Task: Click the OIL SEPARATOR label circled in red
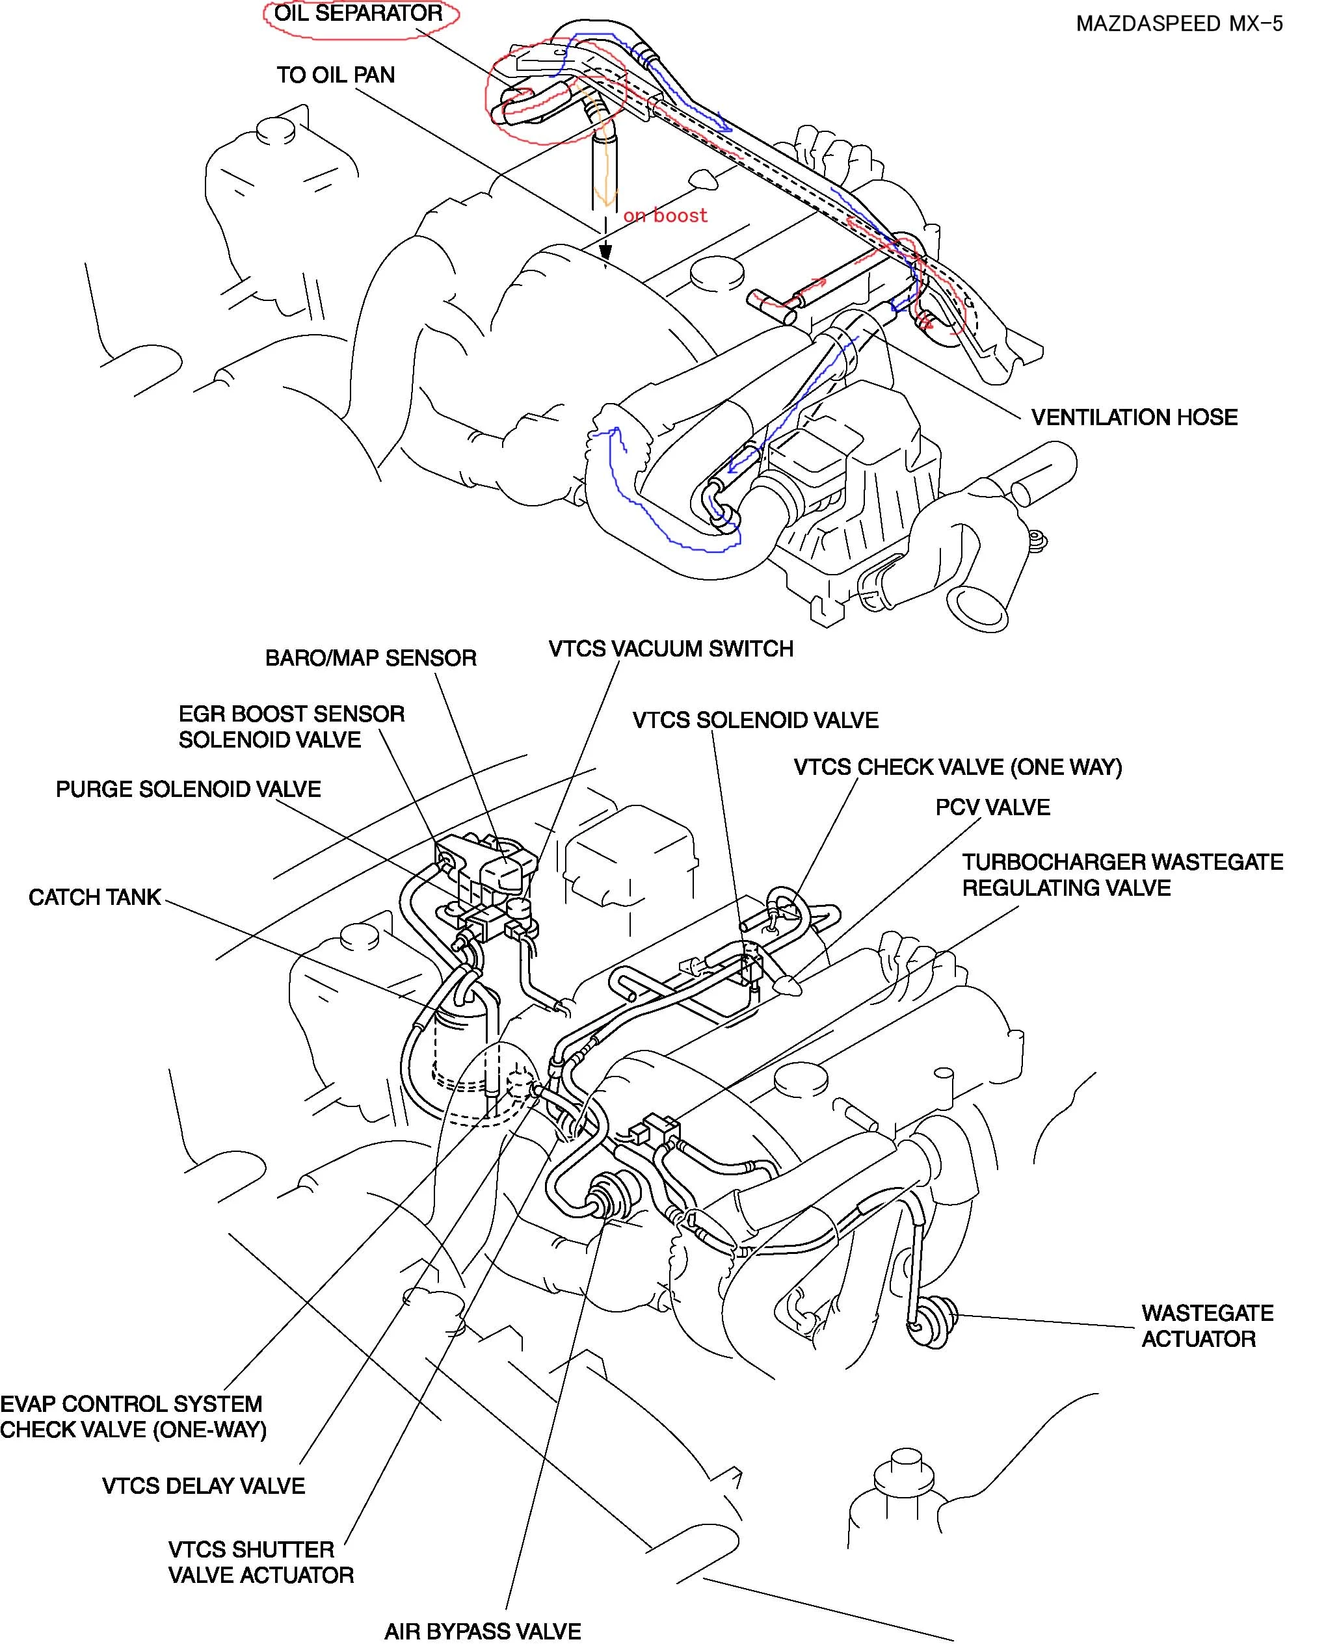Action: click(x=358, y=14)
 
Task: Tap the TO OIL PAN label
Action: click(x=336, y=75)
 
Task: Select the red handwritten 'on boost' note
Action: click(x=665, y=216)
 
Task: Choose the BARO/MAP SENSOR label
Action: click(x=371, y=659)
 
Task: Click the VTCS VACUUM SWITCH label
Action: click(x=670, y=649)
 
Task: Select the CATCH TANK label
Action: click(x=95, y=897)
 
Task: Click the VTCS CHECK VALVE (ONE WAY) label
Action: click(x=958, y=768)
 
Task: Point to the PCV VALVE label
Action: click(x=992, y=807)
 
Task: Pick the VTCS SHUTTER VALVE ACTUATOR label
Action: click(x=261, y=1562)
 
